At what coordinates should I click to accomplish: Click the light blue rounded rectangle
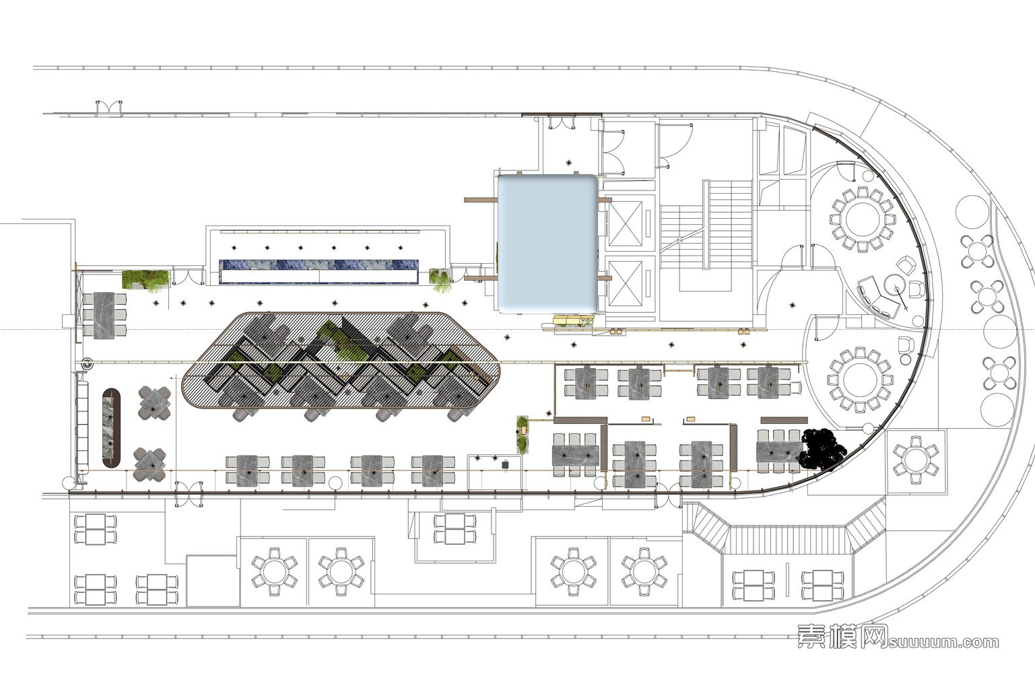coord(547,244)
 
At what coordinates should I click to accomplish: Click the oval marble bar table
coord(111,428)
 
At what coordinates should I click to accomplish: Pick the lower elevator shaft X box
coord(625,283)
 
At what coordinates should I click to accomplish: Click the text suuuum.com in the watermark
coord(943,642)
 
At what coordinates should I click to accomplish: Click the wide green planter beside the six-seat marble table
coord(145,279)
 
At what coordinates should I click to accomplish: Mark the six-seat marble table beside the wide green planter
coord(104,316)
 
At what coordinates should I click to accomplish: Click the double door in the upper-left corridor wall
coord(109,107)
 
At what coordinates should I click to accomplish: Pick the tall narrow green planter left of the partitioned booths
coord(522,435)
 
